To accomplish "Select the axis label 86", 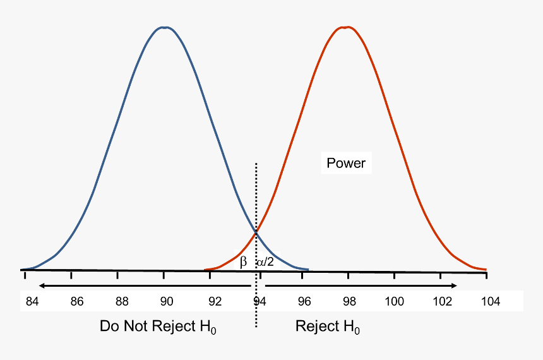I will [x=77, y=301].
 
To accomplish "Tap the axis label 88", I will [x=122, y=301].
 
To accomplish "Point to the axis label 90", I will [x=167, y=301].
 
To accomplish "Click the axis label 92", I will [x=215, y=301].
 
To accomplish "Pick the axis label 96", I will [x=304, y=301].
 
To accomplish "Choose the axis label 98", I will [x=349, y=301].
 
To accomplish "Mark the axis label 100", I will [x=395, y=301].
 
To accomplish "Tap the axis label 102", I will [x=441, y=301].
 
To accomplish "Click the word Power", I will [x=346, y=164].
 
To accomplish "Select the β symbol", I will [x=243, y=261].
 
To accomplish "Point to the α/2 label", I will [x=265, y=261].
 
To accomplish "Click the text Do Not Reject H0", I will [x=158, y=327].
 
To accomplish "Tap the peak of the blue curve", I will [x=164, y=27].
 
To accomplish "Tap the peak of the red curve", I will [x=346, y=27].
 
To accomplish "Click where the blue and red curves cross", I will [x=256, y=232].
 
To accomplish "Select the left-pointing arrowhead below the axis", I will [x=40, y=285].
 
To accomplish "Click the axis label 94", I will [x=259, y=301].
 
